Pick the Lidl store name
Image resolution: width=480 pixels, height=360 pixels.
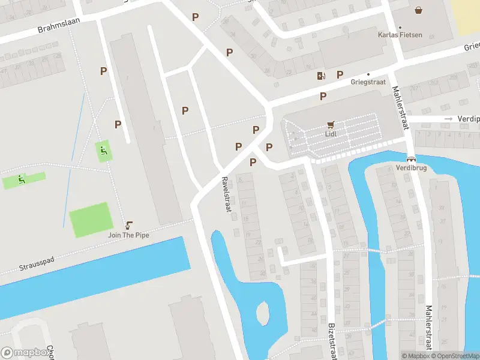(331, 134)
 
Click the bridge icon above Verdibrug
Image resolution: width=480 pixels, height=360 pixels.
(411, 160)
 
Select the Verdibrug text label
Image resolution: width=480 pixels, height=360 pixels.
(411, 169)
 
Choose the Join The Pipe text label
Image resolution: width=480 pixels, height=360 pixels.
(128, 235)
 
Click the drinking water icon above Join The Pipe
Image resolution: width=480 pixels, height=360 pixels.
(128, 226)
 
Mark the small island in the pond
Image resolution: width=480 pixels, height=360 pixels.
(262, 313)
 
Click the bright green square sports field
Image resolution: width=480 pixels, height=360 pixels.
(91, 220)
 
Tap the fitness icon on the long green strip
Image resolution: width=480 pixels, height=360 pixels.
(22, 179)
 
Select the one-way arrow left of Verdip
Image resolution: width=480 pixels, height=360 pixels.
(448, 119)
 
